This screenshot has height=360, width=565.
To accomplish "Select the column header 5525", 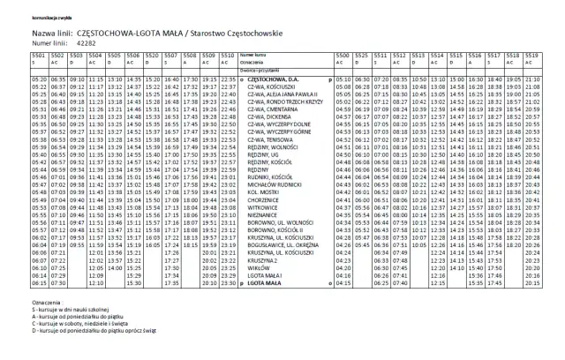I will click(362, 55).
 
